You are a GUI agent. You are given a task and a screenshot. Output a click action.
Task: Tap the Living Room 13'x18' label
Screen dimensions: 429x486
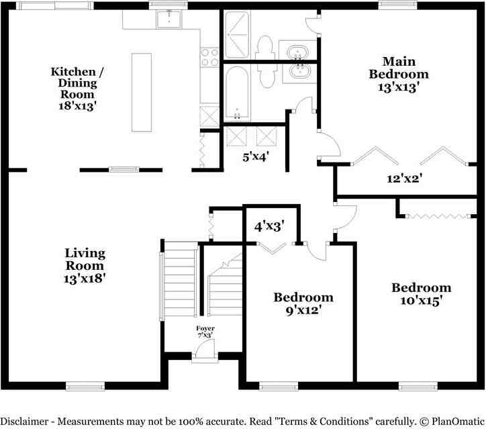pyautogui.click(x=85, y=265)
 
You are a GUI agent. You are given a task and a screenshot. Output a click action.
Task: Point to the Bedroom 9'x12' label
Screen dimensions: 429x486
pyautogui.click(x=303, y=303)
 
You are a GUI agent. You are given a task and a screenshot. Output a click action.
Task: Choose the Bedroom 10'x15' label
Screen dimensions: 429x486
pyautogui.click(x=422, y=294)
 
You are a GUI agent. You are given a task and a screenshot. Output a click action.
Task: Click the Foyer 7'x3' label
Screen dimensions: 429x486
pyautogui.click(x=205, y=332)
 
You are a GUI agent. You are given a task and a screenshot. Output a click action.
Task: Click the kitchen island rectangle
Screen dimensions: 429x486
pyautogui.click(x=142, y=92)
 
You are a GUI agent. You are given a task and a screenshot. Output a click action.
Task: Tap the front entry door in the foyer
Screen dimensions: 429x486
pyautogui.click(x=205, y=350)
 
